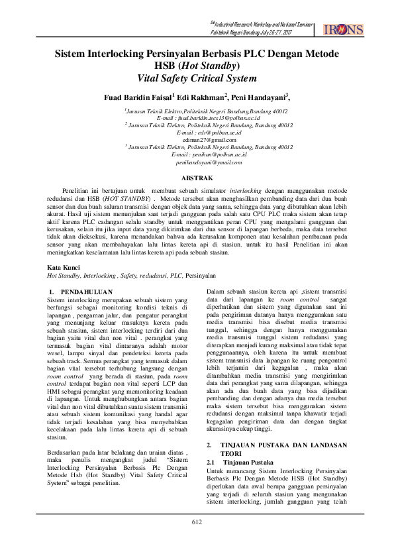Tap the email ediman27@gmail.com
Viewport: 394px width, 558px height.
pyautogui.click(x=197, y=140)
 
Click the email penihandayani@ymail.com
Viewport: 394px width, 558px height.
pyautogui.click(x=197, y=162)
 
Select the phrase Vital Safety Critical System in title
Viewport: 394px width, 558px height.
pyautogui.click(x=197, y=78)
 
